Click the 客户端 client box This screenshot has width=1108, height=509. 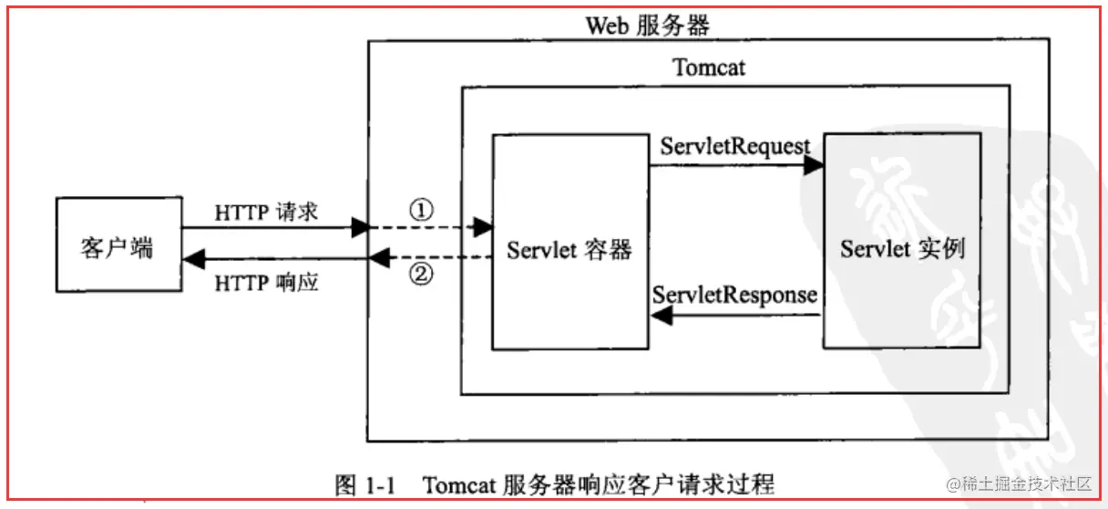click(x=119, y=244)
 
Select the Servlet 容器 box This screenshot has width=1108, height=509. click(x=570, y=242)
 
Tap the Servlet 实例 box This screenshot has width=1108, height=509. click(x=902, y=241)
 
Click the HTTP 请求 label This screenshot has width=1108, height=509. click(x=266, y=213)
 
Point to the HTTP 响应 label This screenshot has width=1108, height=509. click(x=266, y=283)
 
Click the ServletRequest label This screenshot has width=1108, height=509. click(x=735, y=147)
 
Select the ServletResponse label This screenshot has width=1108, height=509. click(x=734, y=296)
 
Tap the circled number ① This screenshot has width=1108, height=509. click(x=422, y=210)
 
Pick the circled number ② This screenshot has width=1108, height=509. click(x=422, y=274)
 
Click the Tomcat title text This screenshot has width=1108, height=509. click(x=708, y=68)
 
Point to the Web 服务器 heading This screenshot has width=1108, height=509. click(x=648, y=26)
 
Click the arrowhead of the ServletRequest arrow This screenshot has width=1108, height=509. click(x=813, y=165)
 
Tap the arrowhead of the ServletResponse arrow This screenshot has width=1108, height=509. click(x=662, y=316)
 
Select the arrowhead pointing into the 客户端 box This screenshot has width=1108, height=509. click(x=194, y=259)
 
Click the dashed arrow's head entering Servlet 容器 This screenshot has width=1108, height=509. click(x=483, y=227)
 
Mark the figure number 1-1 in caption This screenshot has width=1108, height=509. click(x=380, y=485)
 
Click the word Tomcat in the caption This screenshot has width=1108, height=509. click(x=459, y=484)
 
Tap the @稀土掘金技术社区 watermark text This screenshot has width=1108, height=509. click(x=1019, y=483)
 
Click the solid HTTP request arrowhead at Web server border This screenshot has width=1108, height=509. click(x=361, y=227)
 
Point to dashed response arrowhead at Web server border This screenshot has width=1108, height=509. click(x=380, y=257)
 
